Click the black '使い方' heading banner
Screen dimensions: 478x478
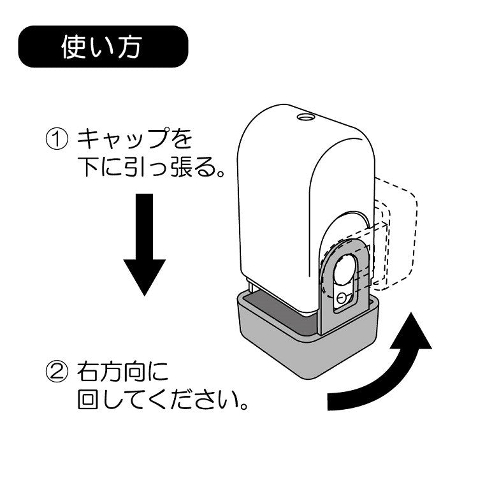[102, 47]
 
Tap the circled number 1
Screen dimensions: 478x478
[56, 138]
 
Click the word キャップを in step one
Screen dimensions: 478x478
[134, 138]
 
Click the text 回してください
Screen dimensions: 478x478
[159, 402]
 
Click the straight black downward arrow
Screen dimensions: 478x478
[144, 242]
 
